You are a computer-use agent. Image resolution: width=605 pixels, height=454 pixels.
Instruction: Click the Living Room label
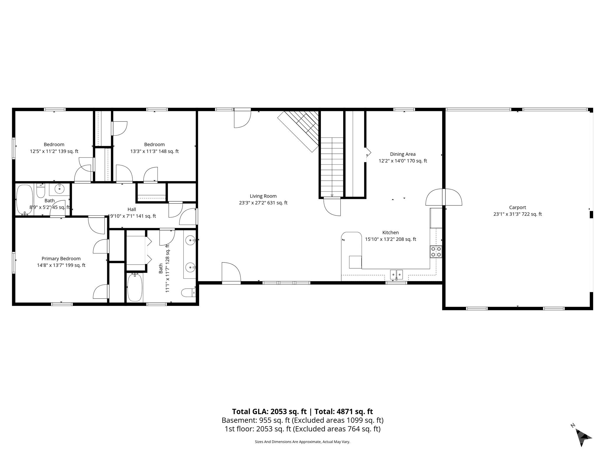click(263, 196)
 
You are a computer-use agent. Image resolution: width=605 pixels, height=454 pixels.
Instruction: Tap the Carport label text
click(518, 207)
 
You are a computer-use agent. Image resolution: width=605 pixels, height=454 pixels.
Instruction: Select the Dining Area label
click(403, 154)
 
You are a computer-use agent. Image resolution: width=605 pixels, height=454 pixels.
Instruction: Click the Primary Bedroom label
click(61, 259)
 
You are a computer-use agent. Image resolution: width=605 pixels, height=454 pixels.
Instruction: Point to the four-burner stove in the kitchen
click(436, 252)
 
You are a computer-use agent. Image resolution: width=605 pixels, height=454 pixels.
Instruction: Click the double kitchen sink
click(396, 274)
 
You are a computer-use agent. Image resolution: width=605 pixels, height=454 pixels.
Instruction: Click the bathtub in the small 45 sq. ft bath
click(25, 199)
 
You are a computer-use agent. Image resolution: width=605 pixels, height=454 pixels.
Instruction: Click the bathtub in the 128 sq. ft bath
click(135, 287)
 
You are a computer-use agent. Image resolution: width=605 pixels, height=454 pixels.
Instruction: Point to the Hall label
click(132, 209)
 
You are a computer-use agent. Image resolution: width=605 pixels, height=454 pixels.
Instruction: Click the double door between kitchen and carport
click(444, 197)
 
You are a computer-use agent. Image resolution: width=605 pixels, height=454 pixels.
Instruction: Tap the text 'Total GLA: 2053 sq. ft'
click(269, 411)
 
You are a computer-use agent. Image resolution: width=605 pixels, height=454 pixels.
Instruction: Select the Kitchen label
click(391, 233)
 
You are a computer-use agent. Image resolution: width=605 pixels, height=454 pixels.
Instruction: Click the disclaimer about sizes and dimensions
click(302, 442)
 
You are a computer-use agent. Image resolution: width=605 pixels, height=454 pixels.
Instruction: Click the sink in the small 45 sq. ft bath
click(60, 188)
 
